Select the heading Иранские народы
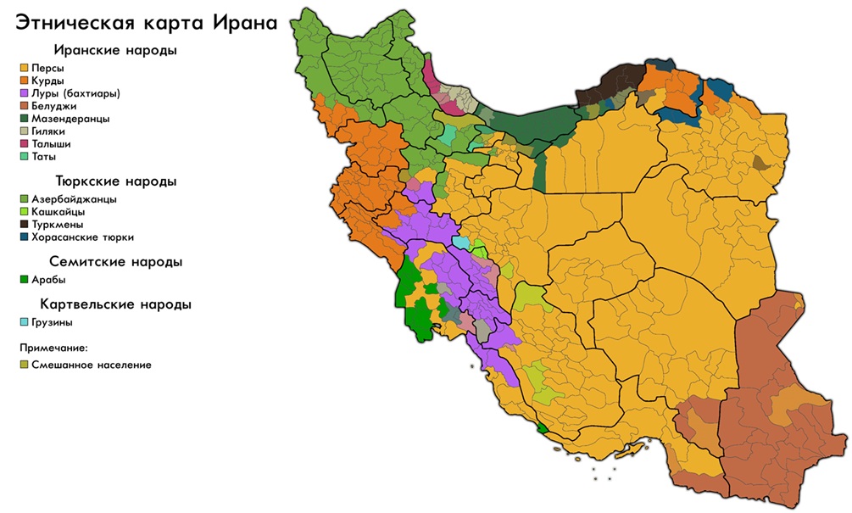click(115, 50)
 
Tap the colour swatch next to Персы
click(25, 68)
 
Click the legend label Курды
click(48, 81)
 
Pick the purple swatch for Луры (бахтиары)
click(25, 93)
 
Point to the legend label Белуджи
click(54, 106)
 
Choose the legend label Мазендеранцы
click(70, 119)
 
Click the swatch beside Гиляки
click(25, 131)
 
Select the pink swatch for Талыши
click(25, 144)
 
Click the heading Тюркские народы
click(115, 181)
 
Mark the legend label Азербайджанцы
click(75, 199)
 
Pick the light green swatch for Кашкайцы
click(25, 212)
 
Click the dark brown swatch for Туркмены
click(25, 225)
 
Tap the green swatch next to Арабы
click(25, 280)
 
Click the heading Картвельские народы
click(115, 304)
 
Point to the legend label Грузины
click(53, 322)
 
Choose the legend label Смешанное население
click(92, 365)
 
